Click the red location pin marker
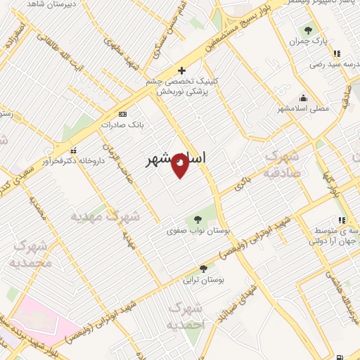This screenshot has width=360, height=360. click(181, 165)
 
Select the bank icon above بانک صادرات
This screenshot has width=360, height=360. click(124, 114)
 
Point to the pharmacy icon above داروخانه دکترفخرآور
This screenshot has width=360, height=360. click(72, 150)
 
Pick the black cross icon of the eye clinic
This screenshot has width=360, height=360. click(182, 70)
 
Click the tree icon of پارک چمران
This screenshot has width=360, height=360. click(308, 30)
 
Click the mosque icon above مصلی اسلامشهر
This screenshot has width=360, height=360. click(303, 98)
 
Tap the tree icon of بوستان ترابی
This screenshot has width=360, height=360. click(204, 269)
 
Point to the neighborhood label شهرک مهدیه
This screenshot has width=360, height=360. click(105, 217)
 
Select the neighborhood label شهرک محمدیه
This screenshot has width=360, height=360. click(31, 255)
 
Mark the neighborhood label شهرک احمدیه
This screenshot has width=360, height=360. click(187, 316)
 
